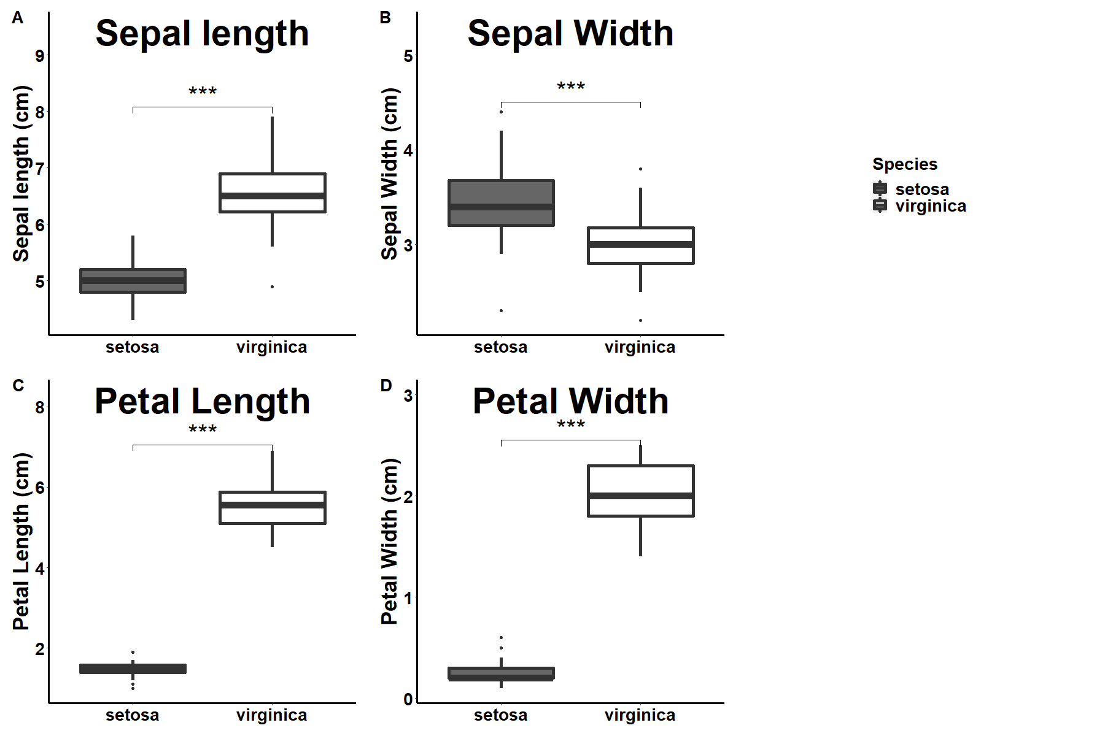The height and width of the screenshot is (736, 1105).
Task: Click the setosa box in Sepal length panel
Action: tap(133, 281)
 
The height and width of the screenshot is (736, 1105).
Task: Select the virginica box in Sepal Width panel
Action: tap(640, 245)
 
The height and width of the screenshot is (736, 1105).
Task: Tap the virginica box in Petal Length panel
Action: tap(272, 507)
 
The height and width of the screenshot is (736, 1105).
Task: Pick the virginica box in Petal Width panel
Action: tap(640, 491)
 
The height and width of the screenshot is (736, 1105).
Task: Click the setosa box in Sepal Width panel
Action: tap(501, 203)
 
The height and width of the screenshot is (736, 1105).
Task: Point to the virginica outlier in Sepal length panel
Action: tap(272, 286)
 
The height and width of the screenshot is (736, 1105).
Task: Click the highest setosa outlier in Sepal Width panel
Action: tap(501, 112)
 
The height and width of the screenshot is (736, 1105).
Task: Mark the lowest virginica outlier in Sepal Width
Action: tap(640, 320)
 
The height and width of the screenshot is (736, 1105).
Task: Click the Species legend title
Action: tap(904, 164)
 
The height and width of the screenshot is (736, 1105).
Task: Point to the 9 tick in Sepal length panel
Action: tap(40, 56)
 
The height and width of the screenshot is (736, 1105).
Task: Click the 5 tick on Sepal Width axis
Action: tap(408, 56)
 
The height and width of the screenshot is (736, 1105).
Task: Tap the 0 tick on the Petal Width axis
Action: tap(408, 699)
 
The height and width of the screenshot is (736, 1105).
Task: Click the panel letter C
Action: tap(18, 385)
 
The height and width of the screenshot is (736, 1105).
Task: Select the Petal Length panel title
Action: tap(202, 402)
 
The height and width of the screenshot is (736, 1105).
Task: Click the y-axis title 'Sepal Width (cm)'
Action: tap(390, 174)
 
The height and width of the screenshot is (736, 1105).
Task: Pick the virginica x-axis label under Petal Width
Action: tap(640, 715)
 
